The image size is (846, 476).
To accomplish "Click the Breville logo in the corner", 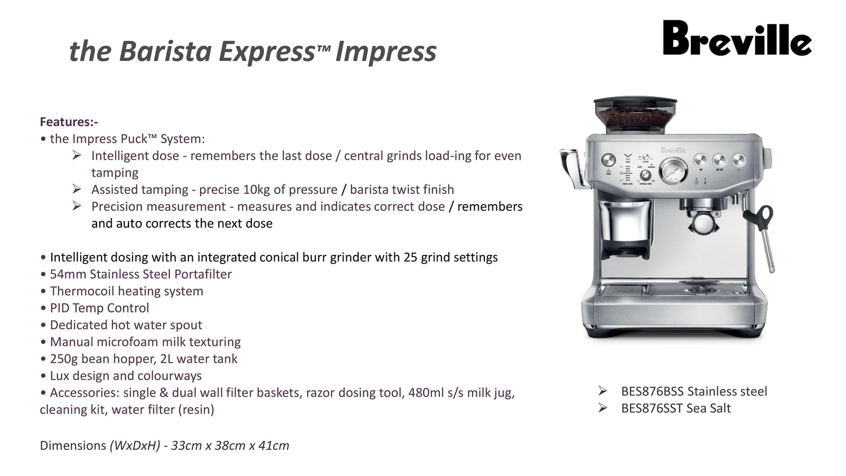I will click(737, 38).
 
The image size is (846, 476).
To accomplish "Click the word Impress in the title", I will click(386, 51).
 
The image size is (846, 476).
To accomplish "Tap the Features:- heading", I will click(69, 122).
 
